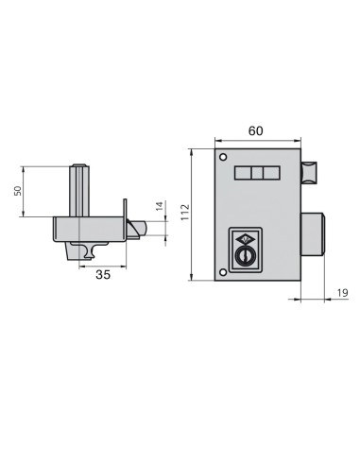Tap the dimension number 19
click(341, 295)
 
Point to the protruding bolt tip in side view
click(139, 228)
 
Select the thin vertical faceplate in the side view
click(125, 222)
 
